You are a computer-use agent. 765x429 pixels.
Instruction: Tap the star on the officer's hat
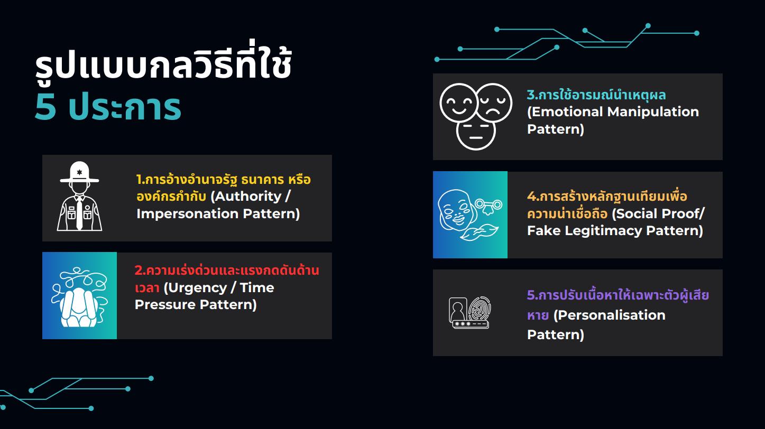point(80,172)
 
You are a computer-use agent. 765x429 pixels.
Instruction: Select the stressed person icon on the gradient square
point(80,297)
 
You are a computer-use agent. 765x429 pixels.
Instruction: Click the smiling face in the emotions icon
point(458,102)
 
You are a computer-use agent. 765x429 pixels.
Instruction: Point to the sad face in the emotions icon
point(494,102)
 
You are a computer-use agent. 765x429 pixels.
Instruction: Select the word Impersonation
point(187,213)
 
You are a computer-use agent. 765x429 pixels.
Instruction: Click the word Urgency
point(197,288)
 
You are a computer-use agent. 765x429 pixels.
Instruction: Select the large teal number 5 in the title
point(45,107)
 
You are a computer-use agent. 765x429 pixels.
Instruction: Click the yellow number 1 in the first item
point(139,180)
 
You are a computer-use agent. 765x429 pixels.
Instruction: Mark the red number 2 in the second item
point(139,271)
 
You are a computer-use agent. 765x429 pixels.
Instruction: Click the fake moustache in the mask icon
point(480,232)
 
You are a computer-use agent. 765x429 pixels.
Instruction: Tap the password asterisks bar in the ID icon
point(471,324)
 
